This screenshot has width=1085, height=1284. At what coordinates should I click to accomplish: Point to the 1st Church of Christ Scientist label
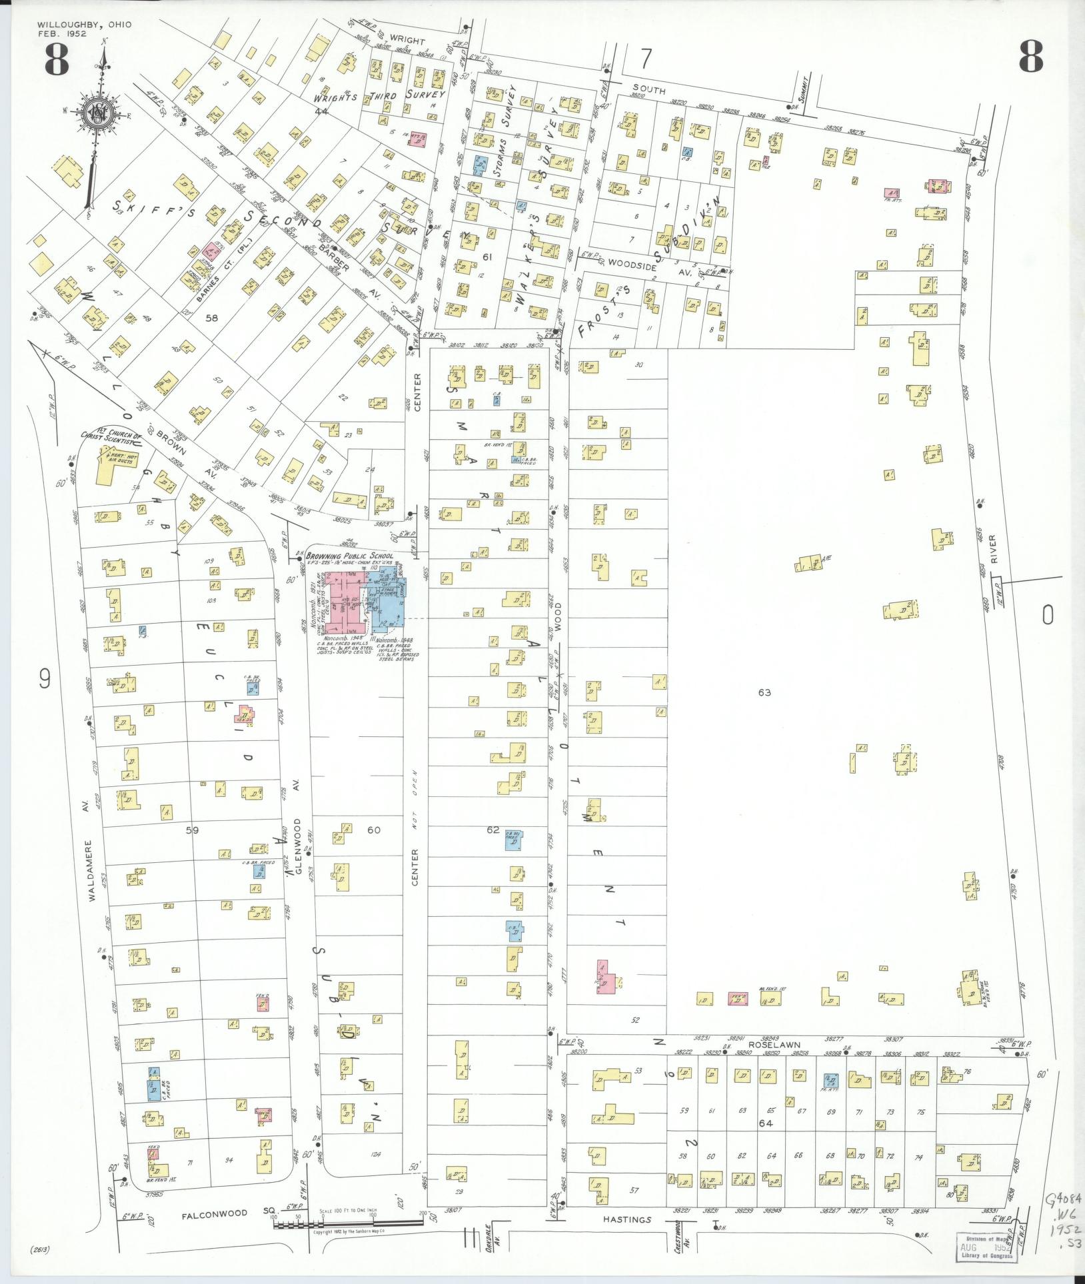111,438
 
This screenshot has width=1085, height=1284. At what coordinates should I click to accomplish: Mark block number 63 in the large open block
764,693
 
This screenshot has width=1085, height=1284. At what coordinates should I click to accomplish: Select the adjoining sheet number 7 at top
645,59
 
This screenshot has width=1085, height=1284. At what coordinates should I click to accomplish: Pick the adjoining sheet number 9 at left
44,678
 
